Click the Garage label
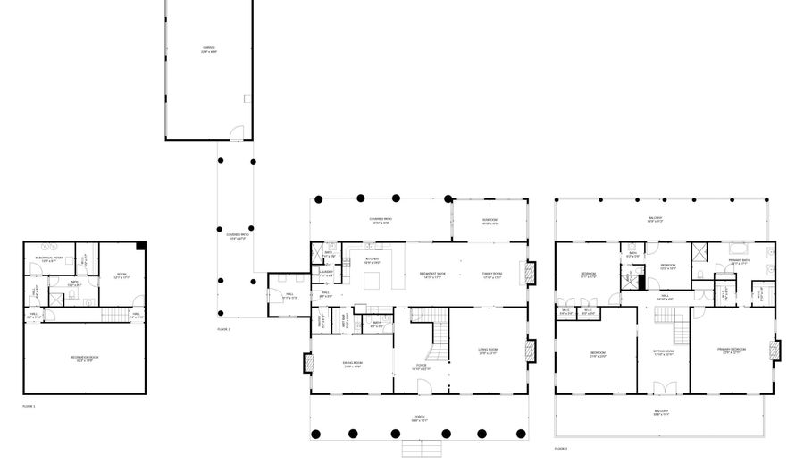pos(207,49)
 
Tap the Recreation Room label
pos(85,359)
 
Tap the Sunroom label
pos(490,221)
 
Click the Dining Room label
pos(352,363)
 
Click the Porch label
pos(419,417)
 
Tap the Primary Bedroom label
pos(733,351)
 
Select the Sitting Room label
pos(663,352)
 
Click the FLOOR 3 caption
pos(560,448)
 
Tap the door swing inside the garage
pos(236,134)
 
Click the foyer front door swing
pos(424,385)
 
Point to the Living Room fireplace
pos(532,350)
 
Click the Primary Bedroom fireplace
pos(775,351)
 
